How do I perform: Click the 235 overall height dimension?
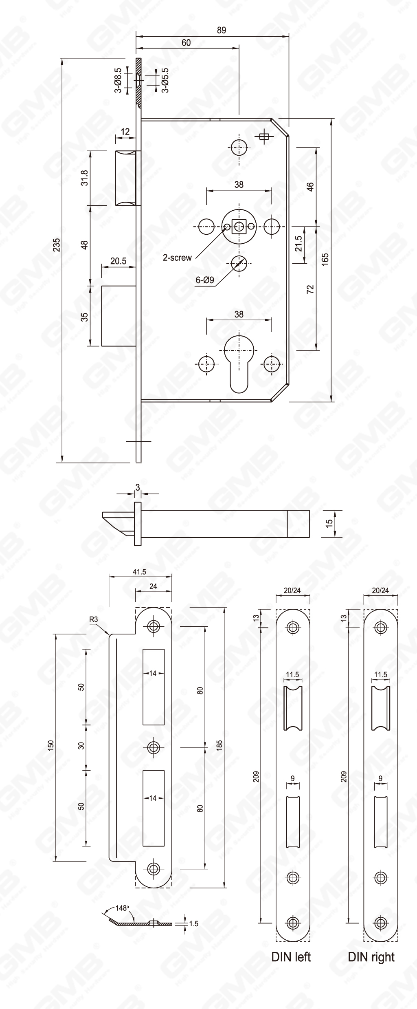click(57, 245)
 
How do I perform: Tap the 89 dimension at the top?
click(221, 30)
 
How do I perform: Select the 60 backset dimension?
click(186, 43)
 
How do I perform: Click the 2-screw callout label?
click(177, 258)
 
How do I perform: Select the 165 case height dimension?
click(325, 260)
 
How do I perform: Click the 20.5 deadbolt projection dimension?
click(118, 261)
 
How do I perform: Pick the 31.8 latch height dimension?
click(85, 178)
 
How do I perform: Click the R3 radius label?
click(94, 619)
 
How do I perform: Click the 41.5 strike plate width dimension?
click(139, 572)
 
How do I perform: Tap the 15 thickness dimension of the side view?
click(329, 522)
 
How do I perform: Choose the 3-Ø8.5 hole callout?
click(117, 80)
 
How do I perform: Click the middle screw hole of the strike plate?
click(154, 747)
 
